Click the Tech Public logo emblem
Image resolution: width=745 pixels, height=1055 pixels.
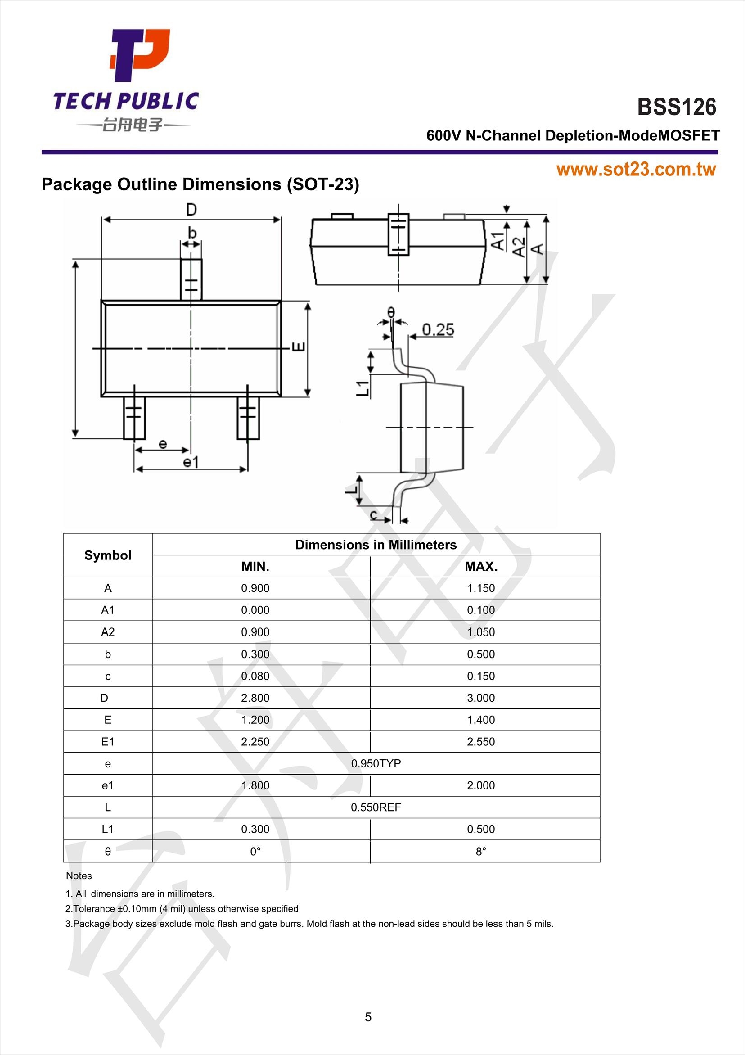(x=140, y=55)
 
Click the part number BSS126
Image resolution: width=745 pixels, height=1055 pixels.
(x=676, y=107)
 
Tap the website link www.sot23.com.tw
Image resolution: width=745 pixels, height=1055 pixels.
(x=636, y=170)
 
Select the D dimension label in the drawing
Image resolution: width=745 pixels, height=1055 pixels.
(x=191, y=209)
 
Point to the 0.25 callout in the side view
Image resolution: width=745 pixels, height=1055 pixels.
(x=438, y=330)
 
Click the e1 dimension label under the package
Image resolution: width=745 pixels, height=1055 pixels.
(x=191, y=462)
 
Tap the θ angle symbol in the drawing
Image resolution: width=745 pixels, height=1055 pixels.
(x=391, y=313)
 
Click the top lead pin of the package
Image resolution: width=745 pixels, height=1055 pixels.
(x=191, y=279)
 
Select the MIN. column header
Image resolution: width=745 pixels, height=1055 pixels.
(x=255, y=567)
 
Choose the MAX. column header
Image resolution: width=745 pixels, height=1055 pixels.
(x=481, y=567)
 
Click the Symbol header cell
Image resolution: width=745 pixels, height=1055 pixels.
(x=108, y=555)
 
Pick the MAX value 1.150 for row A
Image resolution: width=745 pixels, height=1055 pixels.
(x=481, y=588)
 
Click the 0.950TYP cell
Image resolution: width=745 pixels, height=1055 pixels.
(x=376, y=764)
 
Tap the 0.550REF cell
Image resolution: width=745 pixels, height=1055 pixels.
(x=376, y=807)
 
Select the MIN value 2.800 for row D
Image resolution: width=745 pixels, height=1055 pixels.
(x=255, y=698)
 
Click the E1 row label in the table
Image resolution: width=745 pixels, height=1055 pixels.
(x=108, y=742)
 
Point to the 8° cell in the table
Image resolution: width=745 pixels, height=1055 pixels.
(x=481, y=852)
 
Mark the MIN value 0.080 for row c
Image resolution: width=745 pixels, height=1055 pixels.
(x=255, y=676)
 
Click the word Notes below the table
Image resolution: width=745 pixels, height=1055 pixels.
(x=79, y=876)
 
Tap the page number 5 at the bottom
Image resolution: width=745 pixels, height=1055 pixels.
(x=368, y=1017)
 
